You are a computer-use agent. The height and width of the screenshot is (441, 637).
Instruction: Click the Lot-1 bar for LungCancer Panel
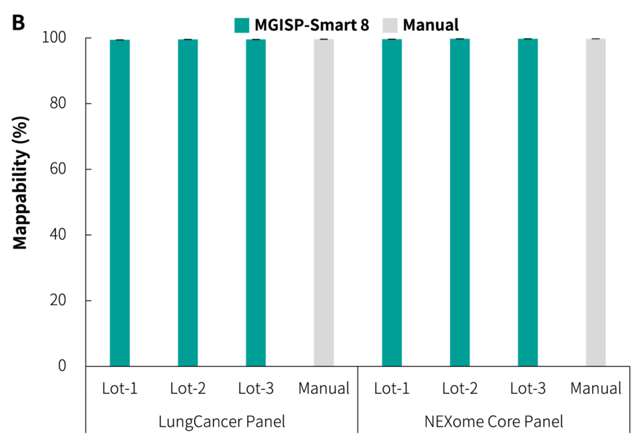click(x=120, y=203)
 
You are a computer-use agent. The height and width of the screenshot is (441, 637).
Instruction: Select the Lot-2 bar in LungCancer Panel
click(x=188, y=203)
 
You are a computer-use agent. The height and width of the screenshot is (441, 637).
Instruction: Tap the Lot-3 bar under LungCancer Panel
click(x=256, y=203)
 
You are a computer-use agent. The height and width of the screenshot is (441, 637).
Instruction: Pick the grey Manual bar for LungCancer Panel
click(x=324, y=203)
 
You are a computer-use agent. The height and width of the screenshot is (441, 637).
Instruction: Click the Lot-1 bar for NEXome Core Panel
click(x=392, y=203)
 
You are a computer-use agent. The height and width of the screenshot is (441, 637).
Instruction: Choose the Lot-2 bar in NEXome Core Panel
click(x=460, y=203)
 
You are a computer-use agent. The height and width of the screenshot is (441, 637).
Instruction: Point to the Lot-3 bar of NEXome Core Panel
click(x=528, y=203)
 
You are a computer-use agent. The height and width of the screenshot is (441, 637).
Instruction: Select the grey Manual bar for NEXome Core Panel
click(x=596, y=203)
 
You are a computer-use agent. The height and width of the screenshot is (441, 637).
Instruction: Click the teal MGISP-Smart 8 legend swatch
click(x=242, y=25)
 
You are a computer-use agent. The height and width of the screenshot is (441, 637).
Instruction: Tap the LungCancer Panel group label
click(x=222, y=422)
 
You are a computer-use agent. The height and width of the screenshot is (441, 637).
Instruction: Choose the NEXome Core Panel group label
click(x=494, y=422)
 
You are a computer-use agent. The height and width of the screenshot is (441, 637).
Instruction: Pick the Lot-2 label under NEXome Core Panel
click(x=460, y=389)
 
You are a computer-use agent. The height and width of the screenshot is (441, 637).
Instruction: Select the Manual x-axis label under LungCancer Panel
click(x=324, y=389)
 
